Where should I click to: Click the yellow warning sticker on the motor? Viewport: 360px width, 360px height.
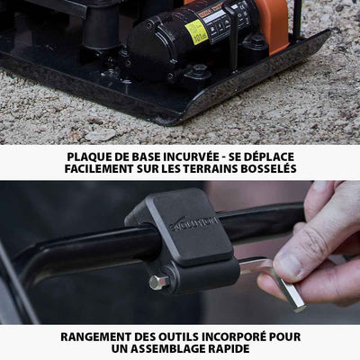tap(196, 31)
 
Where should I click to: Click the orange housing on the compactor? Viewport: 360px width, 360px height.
tap(270, 22)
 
